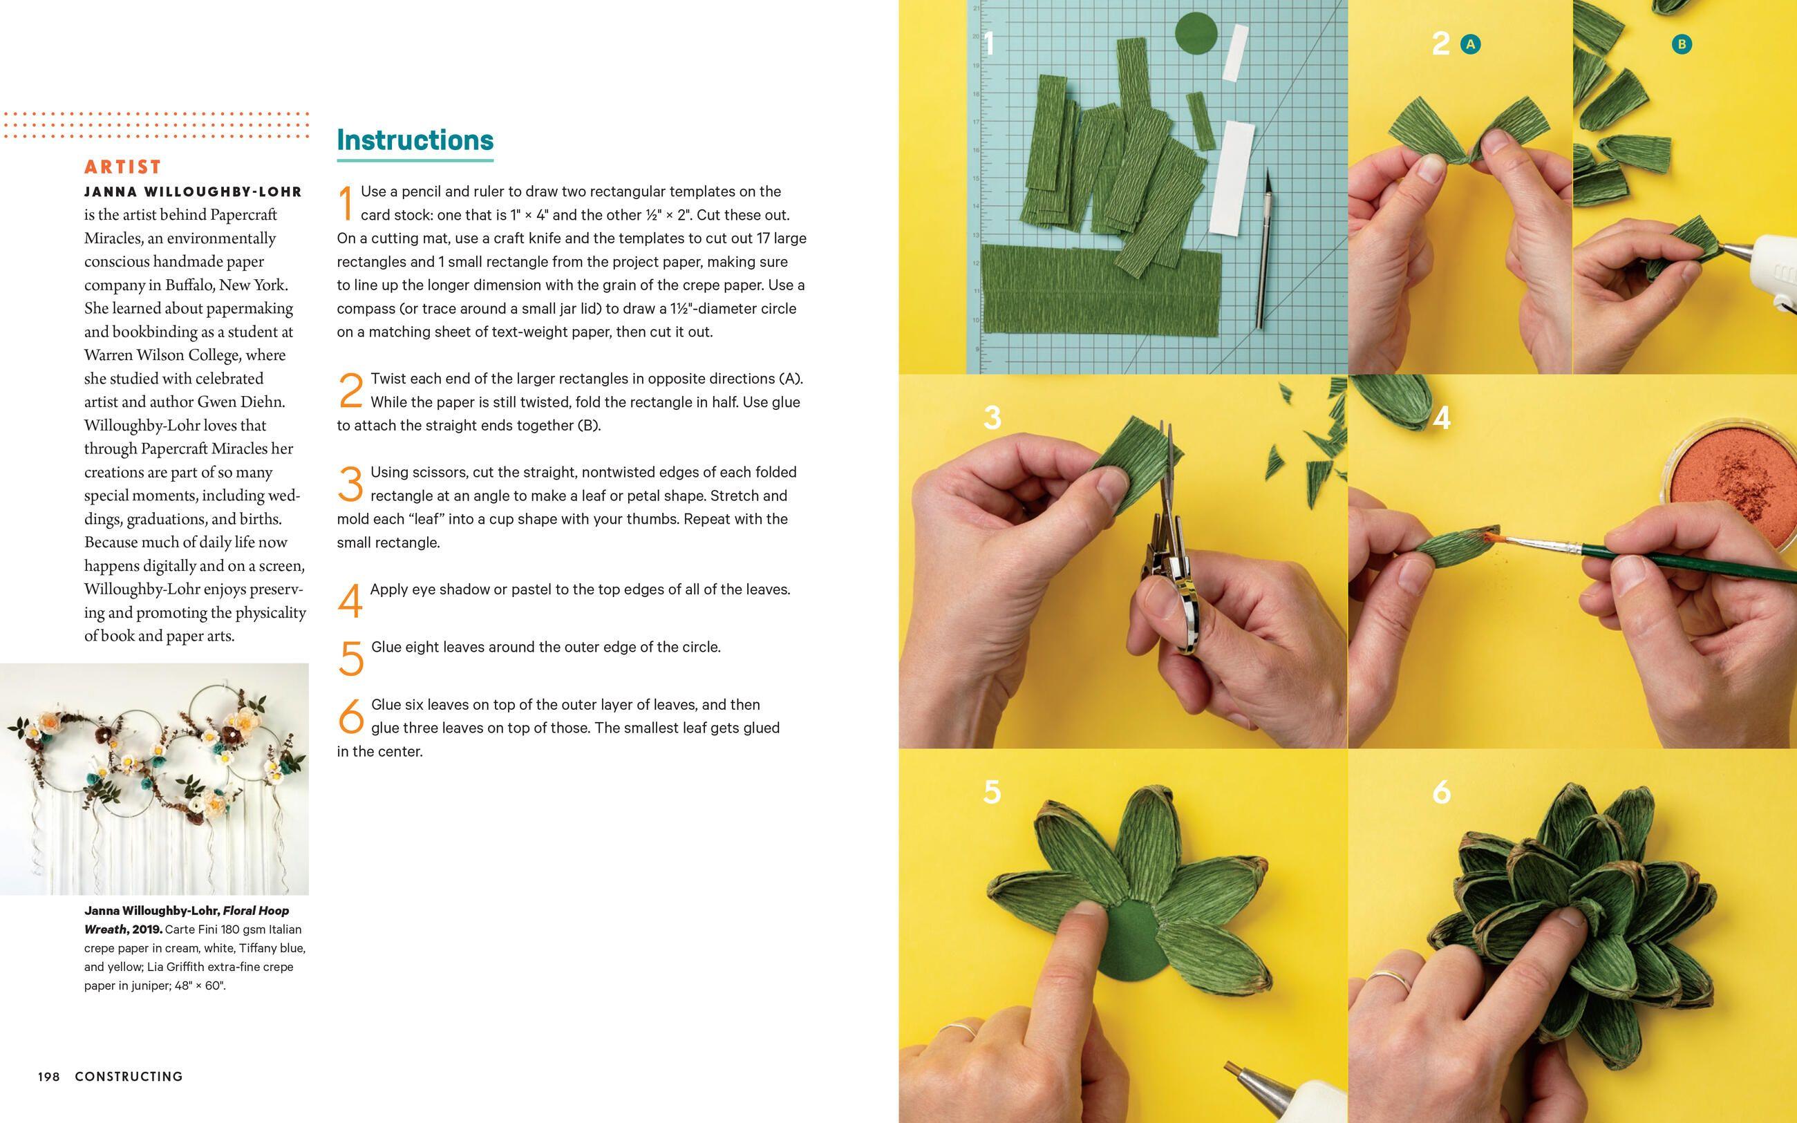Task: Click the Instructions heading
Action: pyautogui.click(x=415, y=140)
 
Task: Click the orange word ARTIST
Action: pyautogui.click(x=122, y=167)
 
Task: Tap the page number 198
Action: pyautogui.click(x=48, y=1076)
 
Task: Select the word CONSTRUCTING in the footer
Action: pyautogui.click(x=129, y=1076)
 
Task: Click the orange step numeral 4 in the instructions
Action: pyautogui.click(x=350, y=600)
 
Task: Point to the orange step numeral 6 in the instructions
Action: pyautogui.click(x=350, y=716)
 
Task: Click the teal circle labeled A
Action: pyautogui.click(x=1469, y=44)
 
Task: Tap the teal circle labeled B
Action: pyautogui.click(x=1681, y=44)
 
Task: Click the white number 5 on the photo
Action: pyautogui.click(x=991, y=792)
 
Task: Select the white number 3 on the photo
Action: pyautogui.click(x=991, y=417)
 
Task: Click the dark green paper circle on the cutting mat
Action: pyautogui.click(x=1196, y=34)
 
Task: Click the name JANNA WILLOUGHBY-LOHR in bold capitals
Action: pyautogui.click(x=193, y=191)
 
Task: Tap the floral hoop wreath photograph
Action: pyautogui.click(x=154, y=778)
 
